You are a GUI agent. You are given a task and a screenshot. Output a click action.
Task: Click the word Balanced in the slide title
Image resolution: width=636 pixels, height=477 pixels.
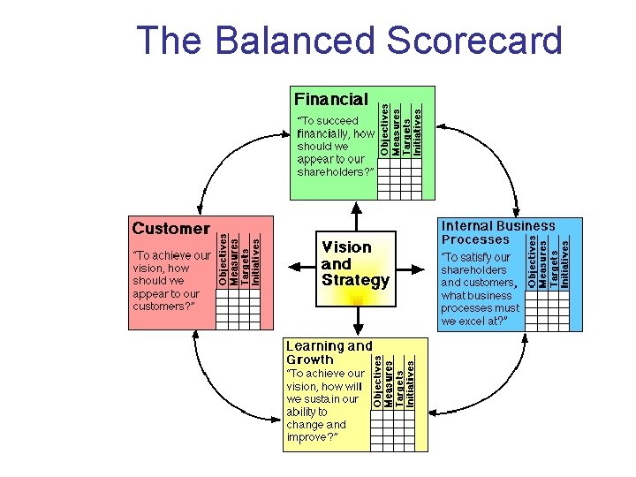[296, 41]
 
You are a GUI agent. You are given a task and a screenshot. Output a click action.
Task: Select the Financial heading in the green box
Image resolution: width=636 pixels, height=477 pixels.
[331, 99]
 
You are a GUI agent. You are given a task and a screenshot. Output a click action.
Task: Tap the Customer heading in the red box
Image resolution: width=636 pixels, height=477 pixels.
[171, 229]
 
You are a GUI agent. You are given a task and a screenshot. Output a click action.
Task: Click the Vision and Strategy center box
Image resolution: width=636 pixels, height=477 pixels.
[354, 264]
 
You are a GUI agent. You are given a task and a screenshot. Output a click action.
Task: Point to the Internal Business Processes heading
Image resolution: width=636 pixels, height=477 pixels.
[497, 233]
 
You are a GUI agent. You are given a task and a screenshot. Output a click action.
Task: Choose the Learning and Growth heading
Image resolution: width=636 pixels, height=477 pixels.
[328, 352]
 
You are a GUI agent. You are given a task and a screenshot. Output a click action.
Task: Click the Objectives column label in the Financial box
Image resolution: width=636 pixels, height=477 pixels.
[385, 131]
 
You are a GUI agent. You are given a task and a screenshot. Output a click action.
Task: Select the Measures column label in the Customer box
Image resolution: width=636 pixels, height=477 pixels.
[233, 259]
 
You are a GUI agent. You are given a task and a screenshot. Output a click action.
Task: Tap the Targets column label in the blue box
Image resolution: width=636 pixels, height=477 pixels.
[555, 259]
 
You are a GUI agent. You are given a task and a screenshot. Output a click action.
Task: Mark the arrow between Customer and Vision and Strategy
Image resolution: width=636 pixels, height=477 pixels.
[290, 264]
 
